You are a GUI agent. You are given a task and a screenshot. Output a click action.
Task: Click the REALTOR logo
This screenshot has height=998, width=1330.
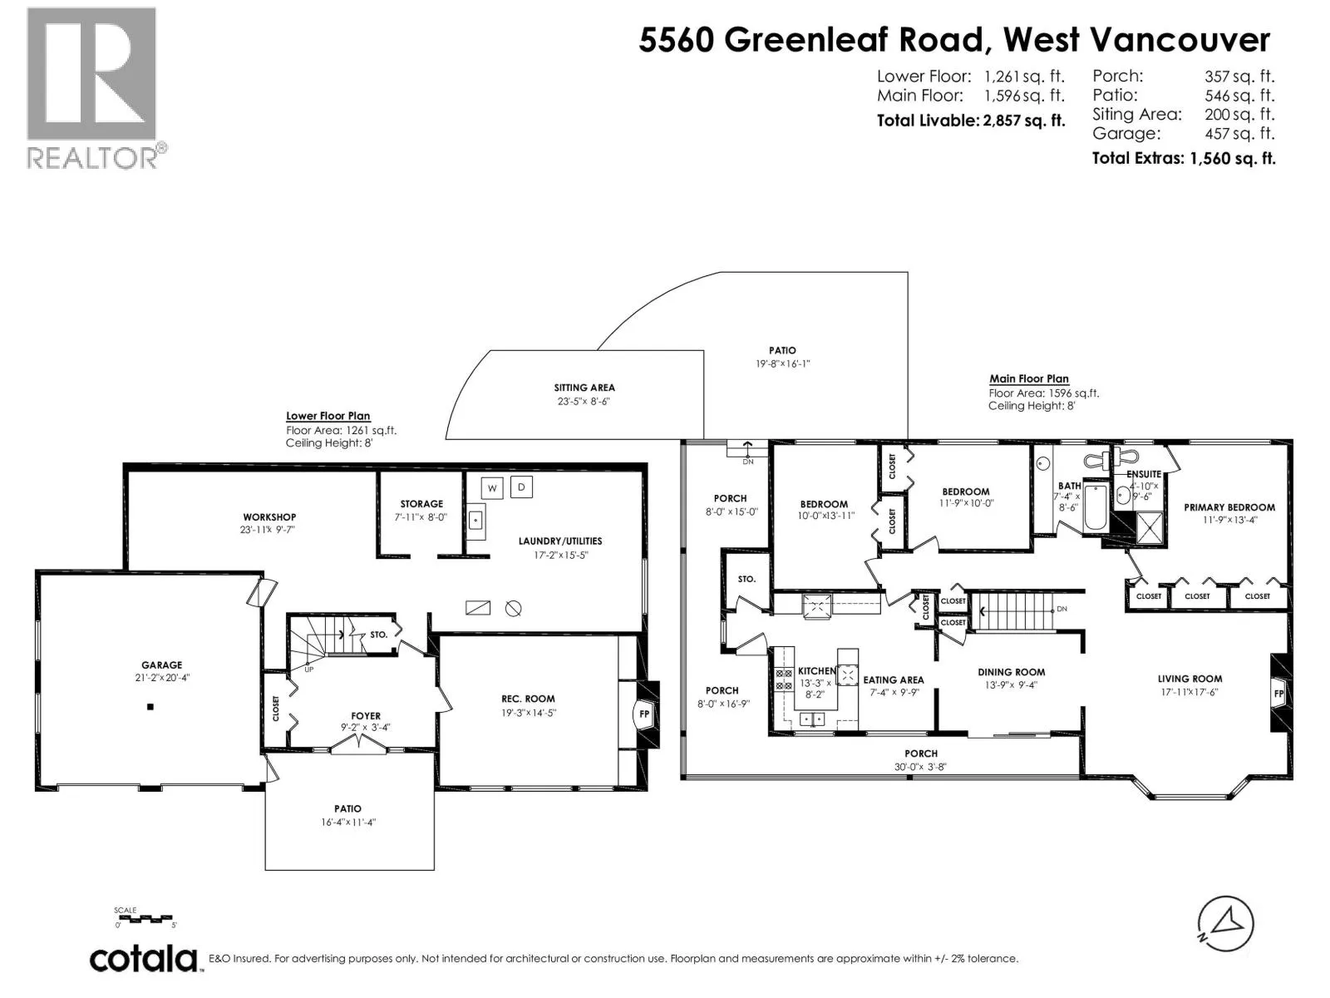click(x=96, y=88)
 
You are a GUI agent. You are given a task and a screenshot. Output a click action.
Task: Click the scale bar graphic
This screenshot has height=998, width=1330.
click(x=145, y=919)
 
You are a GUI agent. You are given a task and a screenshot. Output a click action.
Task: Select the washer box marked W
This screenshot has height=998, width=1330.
click(x=492, y=488)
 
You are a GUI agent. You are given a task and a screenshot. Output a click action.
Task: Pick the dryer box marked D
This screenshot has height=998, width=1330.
click(x=521, y=487)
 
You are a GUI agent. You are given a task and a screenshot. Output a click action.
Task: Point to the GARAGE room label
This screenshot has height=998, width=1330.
click(x=162, y=665)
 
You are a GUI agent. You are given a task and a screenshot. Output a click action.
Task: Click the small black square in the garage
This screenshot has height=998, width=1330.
click(x=150, y=707)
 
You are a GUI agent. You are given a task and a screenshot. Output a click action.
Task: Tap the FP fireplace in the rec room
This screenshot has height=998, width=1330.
click(x=644, y=714)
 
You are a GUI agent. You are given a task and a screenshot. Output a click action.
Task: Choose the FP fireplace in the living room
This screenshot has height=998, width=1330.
click(x=1279, y=694)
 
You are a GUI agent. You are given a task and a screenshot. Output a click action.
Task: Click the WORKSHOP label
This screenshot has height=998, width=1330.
click(x=269, y=516)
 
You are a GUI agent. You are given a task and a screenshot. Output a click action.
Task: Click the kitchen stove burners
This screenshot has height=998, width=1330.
click(x=784, y=679)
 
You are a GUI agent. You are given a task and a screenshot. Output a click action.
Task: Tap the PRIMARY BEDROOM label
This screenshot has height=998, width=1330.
click(x=1229, y=507)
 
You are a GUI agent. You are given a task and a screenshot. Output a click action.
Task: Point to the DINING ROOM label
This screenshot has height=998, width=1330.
click(x=1012, y=672)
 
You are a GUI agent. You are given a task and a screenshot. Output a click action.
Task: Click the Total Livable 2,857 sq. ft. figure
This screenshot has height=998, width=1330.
click(x=971, y=121)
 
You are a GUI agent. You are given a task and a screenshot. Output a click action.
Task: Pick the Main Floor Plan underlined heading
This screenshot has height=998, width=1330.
click(x=1029, y=378)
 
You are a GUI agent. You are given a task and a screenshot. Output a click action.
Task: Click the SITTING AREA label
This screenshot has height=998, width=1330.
click(x=584, y=388)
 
